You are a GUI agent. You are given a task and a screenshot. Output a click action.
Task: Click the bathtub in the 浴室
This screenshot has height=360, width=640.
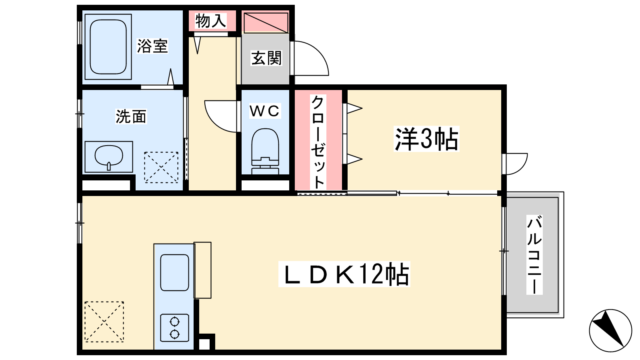108,47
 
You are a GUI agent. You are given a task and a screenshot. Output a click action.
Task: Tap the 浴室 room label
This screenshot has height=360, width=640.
152,46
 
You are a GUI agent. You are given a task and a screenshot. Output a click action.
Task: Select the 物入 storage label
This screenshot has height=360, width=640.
211,21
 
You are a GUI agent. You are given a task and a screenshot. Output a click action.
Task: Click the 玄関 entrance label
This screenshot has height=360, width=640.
266,58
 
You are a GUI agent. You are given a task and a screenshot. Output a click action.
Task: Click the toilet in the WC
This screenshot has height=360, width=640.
265,151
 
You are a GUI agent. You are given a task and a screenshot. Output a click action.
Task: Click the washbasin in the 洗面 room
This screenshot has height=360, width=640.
109,157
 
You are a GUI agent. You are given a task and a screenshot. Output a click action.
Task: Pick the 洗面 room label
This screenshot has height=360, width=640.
131,116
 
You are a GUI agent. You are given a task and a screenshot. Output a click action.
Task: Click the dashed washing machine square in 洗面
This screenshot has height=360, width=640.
161,168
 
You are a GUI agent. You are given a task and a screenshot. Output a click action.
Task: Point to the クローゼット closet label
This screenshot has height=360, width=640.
318,142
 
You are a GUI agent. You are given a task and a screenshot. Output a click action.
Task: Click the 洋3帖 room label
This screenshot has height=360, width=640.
426,139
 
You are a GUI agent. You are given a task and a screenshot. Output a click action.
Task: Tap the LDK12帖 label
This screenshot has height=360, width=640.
344,274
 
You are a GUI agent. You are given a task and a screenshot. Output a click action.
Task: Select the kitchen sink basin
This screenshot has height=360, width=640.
174,272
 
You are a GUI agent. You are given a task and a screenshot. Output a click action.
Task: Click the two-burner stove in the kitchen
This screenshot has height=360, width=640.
174,328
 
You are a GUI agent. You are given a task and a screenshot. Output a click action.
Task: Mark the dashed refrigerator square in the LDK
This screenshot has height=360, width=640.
104,322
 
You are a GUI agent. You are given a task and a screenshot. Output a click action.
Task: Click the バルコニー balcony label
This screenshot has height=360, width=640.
534,255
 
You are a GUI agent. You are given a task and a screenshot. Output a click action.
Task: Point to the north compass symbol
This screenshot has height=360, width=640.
610,330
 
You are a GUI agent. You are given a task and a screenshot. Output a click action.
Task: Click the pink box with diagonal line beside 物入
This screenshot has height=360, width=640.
266,22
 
